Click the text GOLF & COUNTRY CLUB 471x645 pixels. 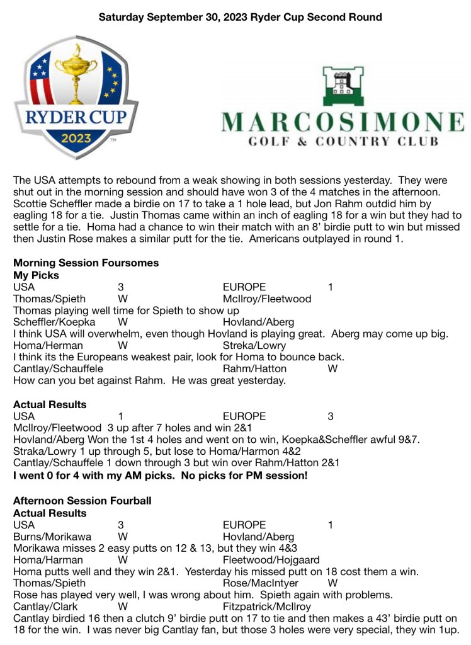pos(344,142)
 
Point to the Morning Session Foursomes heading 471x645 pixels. pos(86,263)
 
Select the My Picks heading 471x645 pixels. pos(36,275)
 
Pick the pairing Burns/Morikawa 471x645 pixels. pos(52,537)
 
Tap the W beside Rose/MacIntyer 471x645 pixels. pos(333,583)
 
